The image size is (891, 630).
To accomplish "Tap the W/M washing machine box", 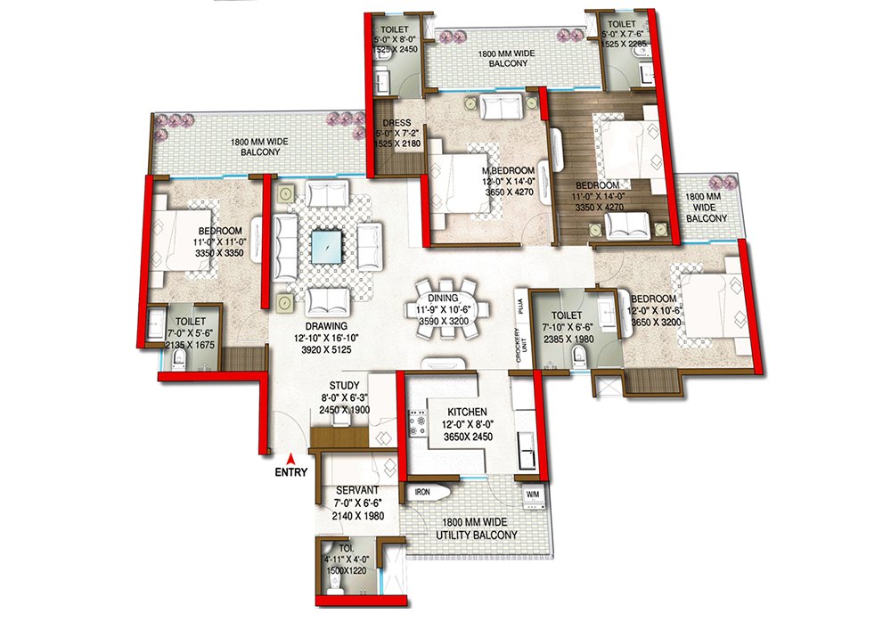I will pyautogui.click(x=532, y=493).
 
